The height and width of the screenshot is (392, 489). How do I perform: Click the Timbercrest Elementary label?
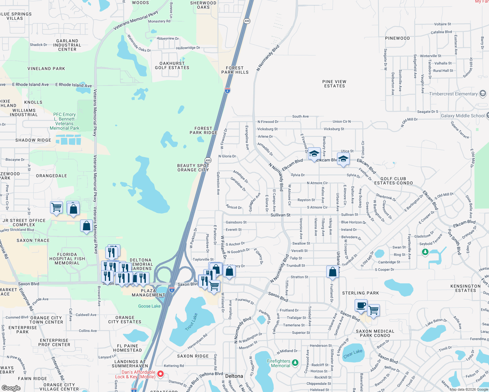click(453, 94)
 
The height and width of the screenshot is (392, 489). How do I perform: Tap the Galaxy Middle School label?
click(463, 116)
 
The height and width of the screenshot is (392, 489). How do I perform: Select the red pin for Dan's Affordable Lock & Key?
click(160, 374)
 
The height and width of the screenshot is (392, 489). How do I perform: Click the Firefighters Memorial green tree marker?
click(295, 362)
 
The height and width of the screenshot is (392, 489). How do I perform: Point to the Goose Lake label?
click(149, 306)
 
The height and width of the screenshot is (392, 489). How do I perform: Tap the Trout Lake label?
click(191, 322)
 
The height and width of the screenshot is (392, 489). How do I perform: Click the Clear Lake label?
click(353, 353)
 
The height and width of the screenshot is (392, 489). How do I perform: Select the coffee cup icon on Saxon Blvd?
click(361, 305)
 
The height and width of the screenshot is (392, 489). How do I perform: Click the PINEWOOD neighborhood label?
click(397, 38)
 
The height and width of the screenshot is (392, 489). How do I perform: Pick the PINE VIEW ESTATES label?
click(334, 84)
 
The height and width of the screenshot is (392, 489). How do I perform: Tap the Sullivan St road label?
click(280, 215)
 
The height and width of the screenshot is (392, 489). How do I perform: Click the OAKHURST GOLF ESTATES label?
click(172, 66)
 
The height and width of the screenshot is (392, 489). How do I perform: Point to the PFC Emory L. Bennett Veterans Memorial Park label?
click(64, 121)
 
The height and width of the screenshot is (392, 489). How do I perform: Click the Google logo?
click(11, 388)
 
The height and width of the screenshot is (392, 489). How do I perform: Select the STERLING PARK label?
click(361, 293)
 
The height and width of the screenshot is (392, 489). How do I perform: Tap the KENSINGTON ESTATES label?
click(465, 288)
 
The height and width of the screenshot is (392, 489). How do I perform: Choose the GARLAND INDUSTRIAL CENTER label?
click(67, 45)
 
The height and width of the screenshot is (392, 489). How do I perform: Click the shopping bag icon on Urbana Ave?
click(332, 272)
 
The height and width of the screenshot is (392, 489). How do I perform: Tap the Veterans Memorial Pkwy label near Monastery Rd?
click(136, 20)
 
